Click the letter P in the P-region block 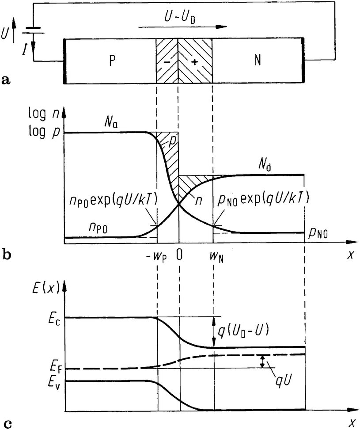(x=111, y=61)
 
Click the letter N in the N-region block (x=258, y=61)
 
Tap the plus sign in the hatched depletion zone (x=195, y=62)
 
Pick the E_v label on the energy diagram (x=55, y=381)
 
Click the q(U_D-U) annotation (x=241, y=329)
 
